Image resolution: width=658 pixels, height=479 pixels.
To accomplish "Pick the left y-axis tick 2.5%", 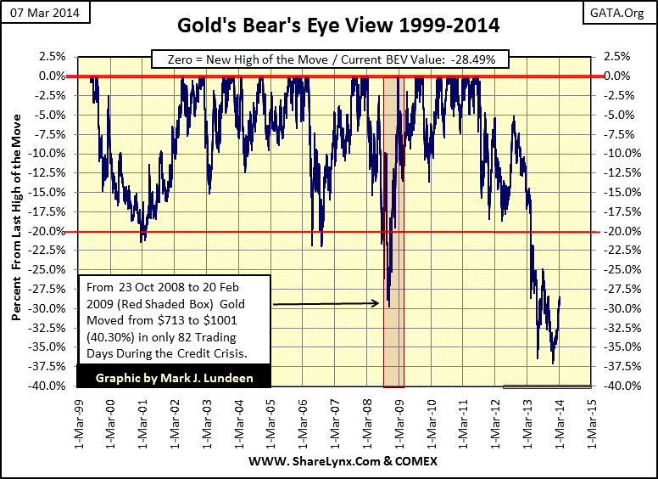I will tap(52, 56).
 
